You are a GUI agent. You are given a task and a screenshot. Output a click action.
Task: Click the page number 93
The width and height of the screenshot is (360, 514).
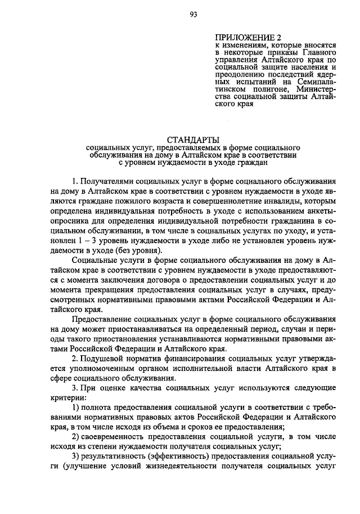193,15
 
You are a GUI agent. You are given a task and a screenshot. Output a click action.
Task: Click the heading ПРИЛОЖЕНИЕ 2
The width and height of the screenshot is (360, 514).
244,37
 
